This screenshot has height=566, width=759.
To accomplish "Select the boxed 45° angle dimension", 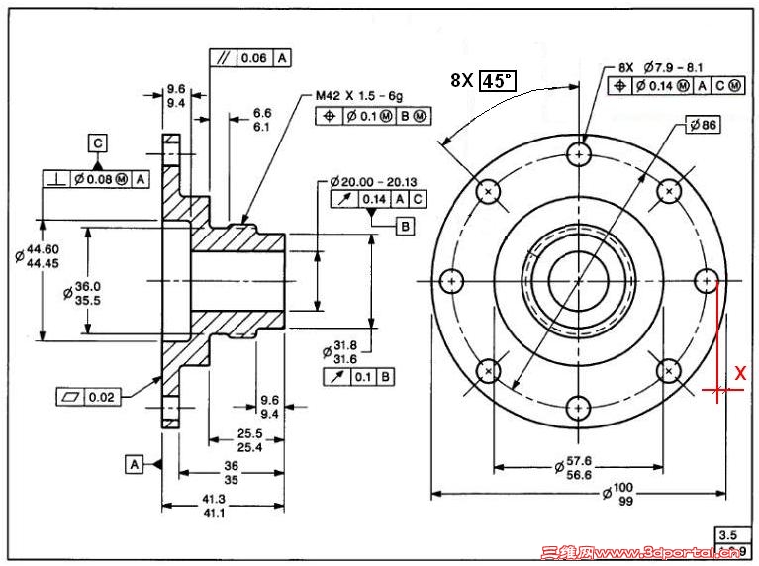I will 498,81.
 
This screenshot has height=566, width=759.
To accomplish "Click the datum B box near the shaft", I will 405,227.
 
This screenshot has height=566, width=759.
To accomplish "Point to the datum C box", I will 98,141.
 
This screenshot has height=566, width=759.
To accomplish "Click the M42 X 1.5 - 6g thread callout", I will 360,96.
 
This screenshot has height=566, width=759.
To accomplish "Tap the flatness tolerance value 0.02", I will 102,397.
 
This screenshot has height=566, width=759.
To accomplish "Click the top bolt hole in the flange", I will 579,153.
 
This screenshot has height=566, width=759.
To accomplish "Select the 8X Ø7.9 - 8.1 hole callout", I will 661,68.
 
